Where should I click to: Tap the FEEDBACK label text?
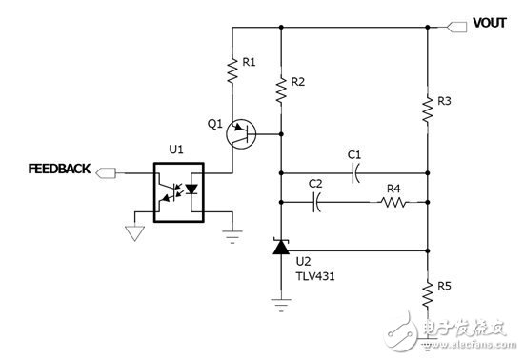click(x=60, y=169)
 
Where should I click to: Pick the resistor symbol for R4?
click(x=393, y=202)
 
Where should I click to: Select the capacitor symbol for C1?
click(x=354, y=173)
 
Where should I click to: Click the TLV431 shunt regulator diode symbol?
click(x=281, y=249)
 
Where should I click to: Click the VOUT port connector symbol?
click(x=454, y=23)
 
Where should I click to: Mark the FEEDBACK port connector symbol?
click(x=106, y=172)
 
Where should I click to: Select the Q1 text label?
click(x=214, y=123)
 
